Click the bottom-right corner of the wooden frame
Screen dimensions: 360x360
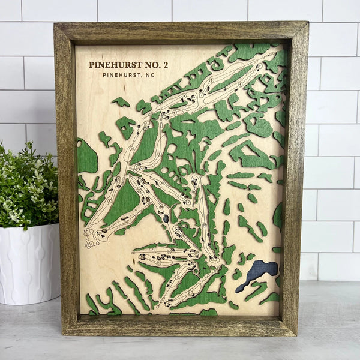tap(295, 334)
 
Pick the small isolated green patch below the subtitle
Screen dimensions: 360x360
tap(121, 102)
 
